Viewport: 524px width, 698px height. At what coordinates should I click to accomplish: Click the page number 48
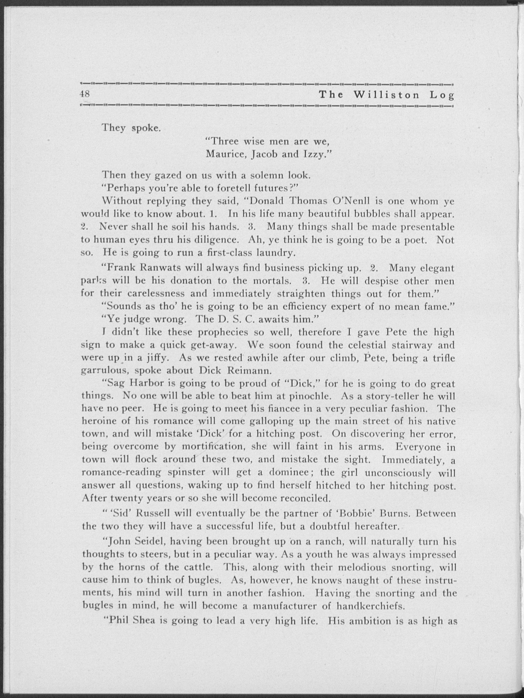coord(85,94)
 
